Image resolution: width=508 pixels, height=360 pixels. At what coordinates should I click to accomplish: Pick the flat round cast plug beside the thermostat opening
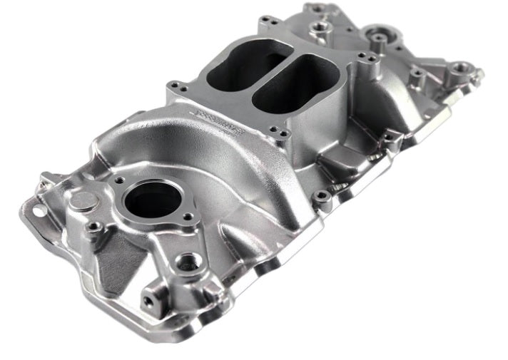83,200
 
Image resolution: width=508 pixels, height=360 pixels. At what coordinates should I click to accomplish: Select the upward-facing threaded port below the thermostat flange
188,262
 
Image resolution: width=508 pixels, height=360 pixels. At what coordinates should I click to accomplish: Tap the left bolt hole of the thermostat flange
118,181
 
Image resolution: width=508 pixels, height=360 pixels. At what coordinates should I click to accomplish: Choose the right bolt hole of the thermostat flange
188,217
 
